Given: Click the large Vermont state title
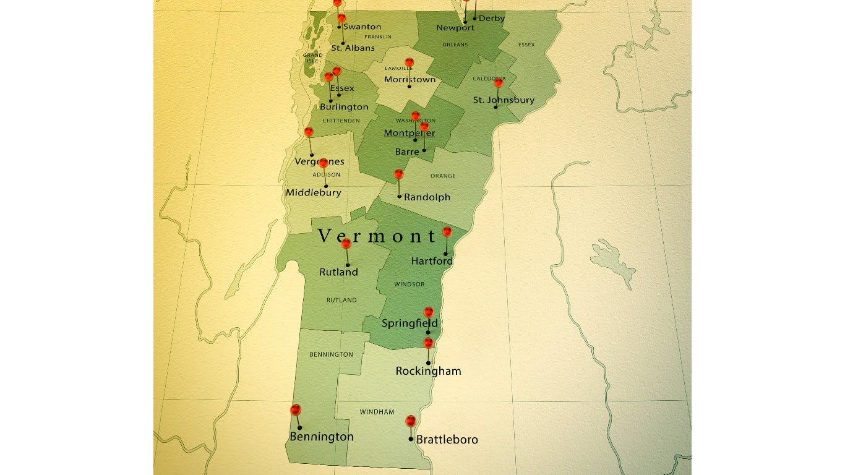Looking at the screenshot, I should (378, 236).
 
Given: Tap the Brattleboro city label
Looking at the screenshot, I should (447, 440).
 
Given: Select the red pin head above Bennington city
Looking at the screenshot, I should (296, 409).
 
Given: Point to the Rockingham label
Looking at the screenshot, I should (428, 371).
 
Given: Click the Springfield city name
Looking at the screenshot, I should (410, 323).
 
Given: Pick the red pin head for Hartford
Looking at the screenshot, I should (447, 232).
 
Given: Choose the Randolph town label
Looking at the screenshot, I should (427, 197).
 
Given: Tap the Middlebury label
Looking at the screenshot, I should (313, 192).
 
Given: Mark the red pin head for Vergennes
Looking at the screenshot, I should (309, 132).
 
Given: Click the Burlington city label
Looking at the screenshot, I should (344, 107).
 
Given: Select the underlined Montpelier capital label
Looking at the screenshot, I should (409, 133).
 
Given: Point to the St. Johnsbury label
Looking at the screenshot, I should (504, 100).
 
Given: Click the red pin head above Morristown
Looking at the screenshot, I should (409, 62).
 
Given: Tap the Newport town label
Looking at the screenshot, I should (455, 28).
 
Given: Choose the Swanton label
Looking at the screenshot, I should (362, 27).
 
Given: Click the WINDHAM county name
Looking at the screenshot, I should (377, 412).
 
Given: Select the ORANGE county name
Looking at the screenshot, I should (443, 176).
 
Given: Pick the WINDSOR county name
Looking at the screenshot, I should (410, 285).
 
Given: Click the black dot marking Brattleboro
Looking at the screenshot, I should (411, 439).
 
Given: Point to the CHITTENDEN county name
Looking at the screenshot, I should (341, 121).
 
